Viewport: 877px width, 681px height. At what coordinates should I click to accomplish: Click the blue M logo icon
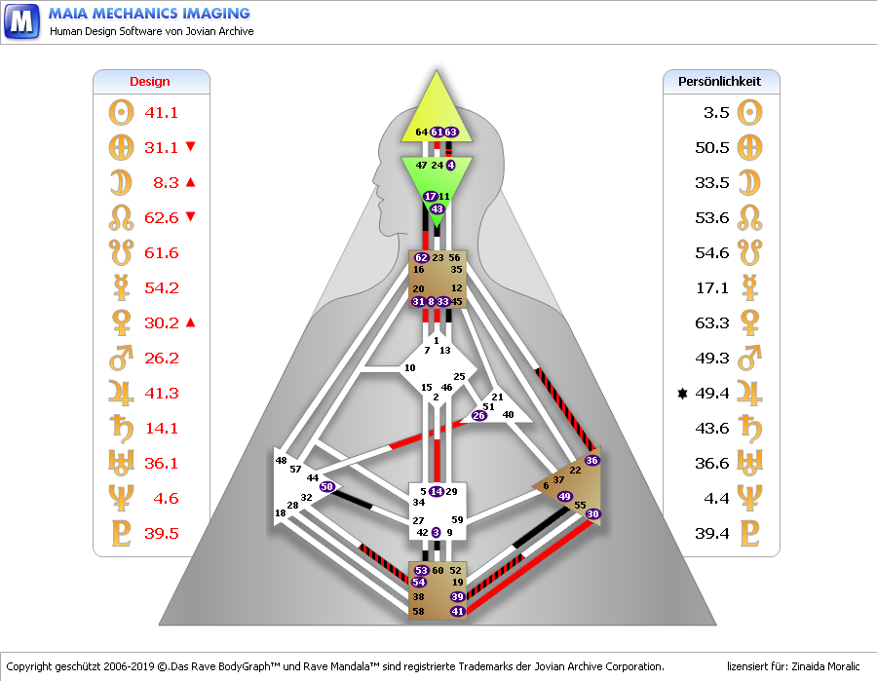[x=21, y=21]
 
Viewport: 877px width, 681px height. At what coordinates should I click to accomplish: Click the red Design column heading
[x=150, y=82]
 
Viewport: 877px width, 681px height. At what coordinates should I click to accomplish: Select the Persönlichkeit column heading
[x=719, y=82]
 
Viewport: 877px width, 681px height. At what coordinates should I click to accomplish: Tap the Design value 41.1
[x=161, y=112]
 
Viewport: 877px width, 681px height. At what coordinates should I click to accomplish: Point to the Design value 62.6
[x=161, y=217]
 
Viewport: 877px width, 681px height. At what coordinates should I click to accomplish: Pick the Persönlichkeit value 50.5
[x=712, y=148]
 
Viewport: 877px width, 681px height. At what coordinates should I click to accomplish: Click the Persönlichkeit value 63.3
[x=712, y=322]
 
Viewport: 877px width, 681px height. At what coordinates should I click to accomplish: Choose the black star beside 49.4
[x=682, y=394]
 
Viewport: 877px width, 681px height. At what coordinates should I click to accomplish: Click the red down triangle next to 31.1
[x=191, y=146]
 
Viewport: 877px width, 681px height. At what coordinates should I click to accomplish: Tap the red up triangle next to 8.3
[x=191, y=182]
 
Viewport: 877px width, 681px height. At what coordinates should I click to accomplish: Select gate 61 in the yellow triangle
[x=437, y=132]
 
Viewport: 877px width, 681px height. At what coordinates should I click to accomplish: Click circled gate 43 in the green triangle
[x=437, y=208]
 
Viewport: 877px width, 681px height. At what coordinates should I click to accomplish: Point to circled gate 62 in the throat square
[x=421, y=258]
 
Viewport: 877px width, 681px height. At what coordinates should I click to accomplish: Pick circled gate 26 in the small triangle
[x=478, y=415]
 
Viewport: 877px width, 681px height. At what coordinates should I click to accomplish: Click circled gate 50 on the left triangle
[x=327, y=486]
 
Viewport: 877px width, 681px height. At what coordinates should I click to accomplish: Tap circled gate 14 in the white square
[x=437, y=491]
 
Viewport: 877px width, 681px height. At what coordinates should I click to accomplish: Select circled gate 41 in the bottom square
[x=458, y=611]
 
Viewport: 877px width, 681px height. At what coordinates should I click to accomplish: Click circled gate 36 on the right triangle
[x=591, y=460]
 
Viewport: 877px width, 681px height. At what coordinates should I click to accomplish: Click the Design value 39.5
[x=161, y=533]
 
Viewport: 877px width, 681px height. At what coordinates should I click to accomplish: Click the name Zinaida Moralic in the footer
[x=825, y=666]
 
